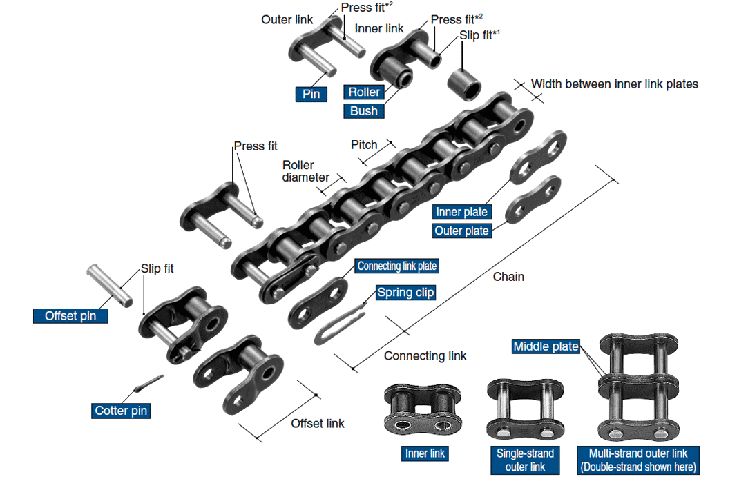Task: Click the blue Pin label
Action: (311, 94)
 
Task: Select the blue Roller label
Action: (364, 92)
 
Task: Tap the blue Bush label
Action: (363, 111)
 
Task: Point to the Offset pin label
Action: (70, 316)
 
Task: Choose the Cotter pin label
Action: (121, 411)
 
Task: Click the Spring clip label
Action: (405, 293)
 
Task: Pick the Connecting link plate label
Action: (397, 266)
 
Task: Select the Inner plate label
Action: (462, 212)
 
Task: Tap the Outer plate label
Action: (462, 231)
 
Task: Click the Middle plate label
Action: (546, 346)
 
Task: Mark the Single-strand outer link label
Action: (525, 460)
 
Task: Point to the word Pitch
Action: (364, 145)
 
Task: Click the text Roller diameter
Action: (305, 171)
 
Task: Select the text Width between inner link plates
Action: (615, 84)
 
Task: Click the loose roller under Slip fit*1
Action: (463, 84)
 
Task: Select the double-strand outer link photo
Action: (638, 387)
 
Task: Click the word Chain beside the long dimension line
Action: (508, 277)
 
